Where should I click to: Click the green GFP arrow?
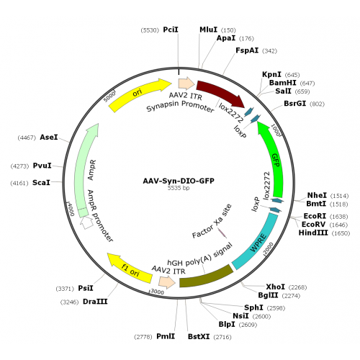pyautogui.click(x=274, y=157)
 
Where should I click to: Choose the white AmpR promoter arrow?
pyautogui.click(x=86, y=222)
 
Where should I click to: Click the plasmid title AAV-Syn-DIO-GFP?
pyautogui.click(x=179, y=181)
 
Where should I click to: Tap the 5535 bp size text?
pyautogui.click(x=179, y=188)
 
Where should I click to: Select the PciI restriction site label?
pyautogui.click(x=171, y=30)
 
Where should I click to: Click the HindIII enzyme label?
pyautogui.click(x=313, y=233)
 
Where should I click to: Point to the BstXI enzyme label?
pyautogui.click(x=199, y=336)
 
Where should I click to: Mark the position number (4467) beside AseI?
pyautogui.click(x=27, y=138)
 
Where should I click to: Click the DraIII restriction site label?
pyautogui.click(x=95, y=302)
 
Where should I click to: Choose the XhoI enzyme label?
pyautogui.click(x=276, y=287)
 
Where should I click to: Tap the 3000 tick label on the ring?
pyautogui.click(x=157, y=292)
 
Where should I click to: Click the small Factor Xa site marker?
pyautogui.click(x=222, y=233)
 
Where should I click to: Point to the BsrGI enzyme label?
pyautogui.click(x=295, y=103)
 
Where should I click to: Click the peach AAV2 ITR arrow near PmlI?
pyautogui.click(x=167, y=282)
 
